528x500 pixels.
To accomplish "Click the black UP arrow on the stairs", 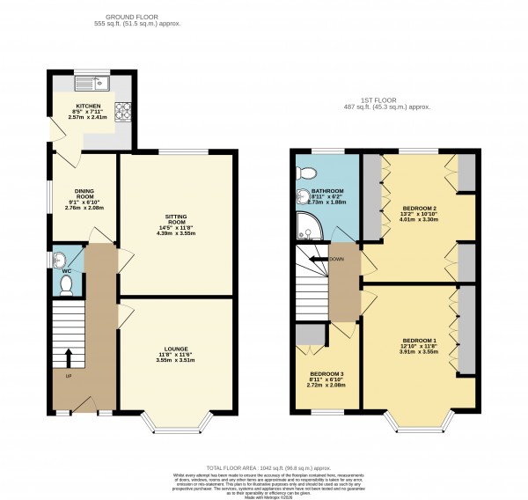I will click(x=67, y=357).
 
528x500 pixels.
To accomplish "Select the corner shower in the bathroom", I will click(x=308, y=228).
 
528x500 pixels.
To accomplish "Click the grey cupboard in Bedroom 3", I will click(x=310, y=335).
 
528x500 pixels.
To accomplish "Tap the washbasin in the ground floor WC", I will click(x=58, y=259).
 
